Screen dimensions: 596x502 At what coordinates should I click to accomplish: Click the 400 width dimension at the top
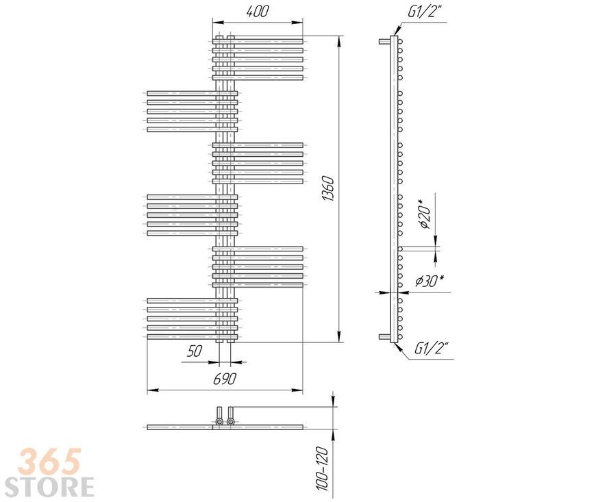pos(258,12)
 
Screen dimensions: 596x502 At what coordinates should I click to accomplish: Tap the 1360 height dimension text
pos(327,188)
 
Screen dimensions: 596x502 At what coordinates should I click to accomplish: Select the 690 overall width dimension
pos(224,379)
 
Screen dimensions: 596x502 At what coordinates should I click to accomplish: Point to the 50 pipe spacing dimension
pos(195,351)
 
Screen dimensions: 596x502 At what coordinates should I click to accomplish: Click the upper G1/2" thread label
pos(425,12)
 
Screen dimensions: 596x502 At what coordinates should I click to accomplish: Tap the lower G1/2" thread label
pos(432,348)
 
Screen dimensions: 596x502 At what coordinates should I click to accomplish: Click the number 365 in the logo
pos(51,461)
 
